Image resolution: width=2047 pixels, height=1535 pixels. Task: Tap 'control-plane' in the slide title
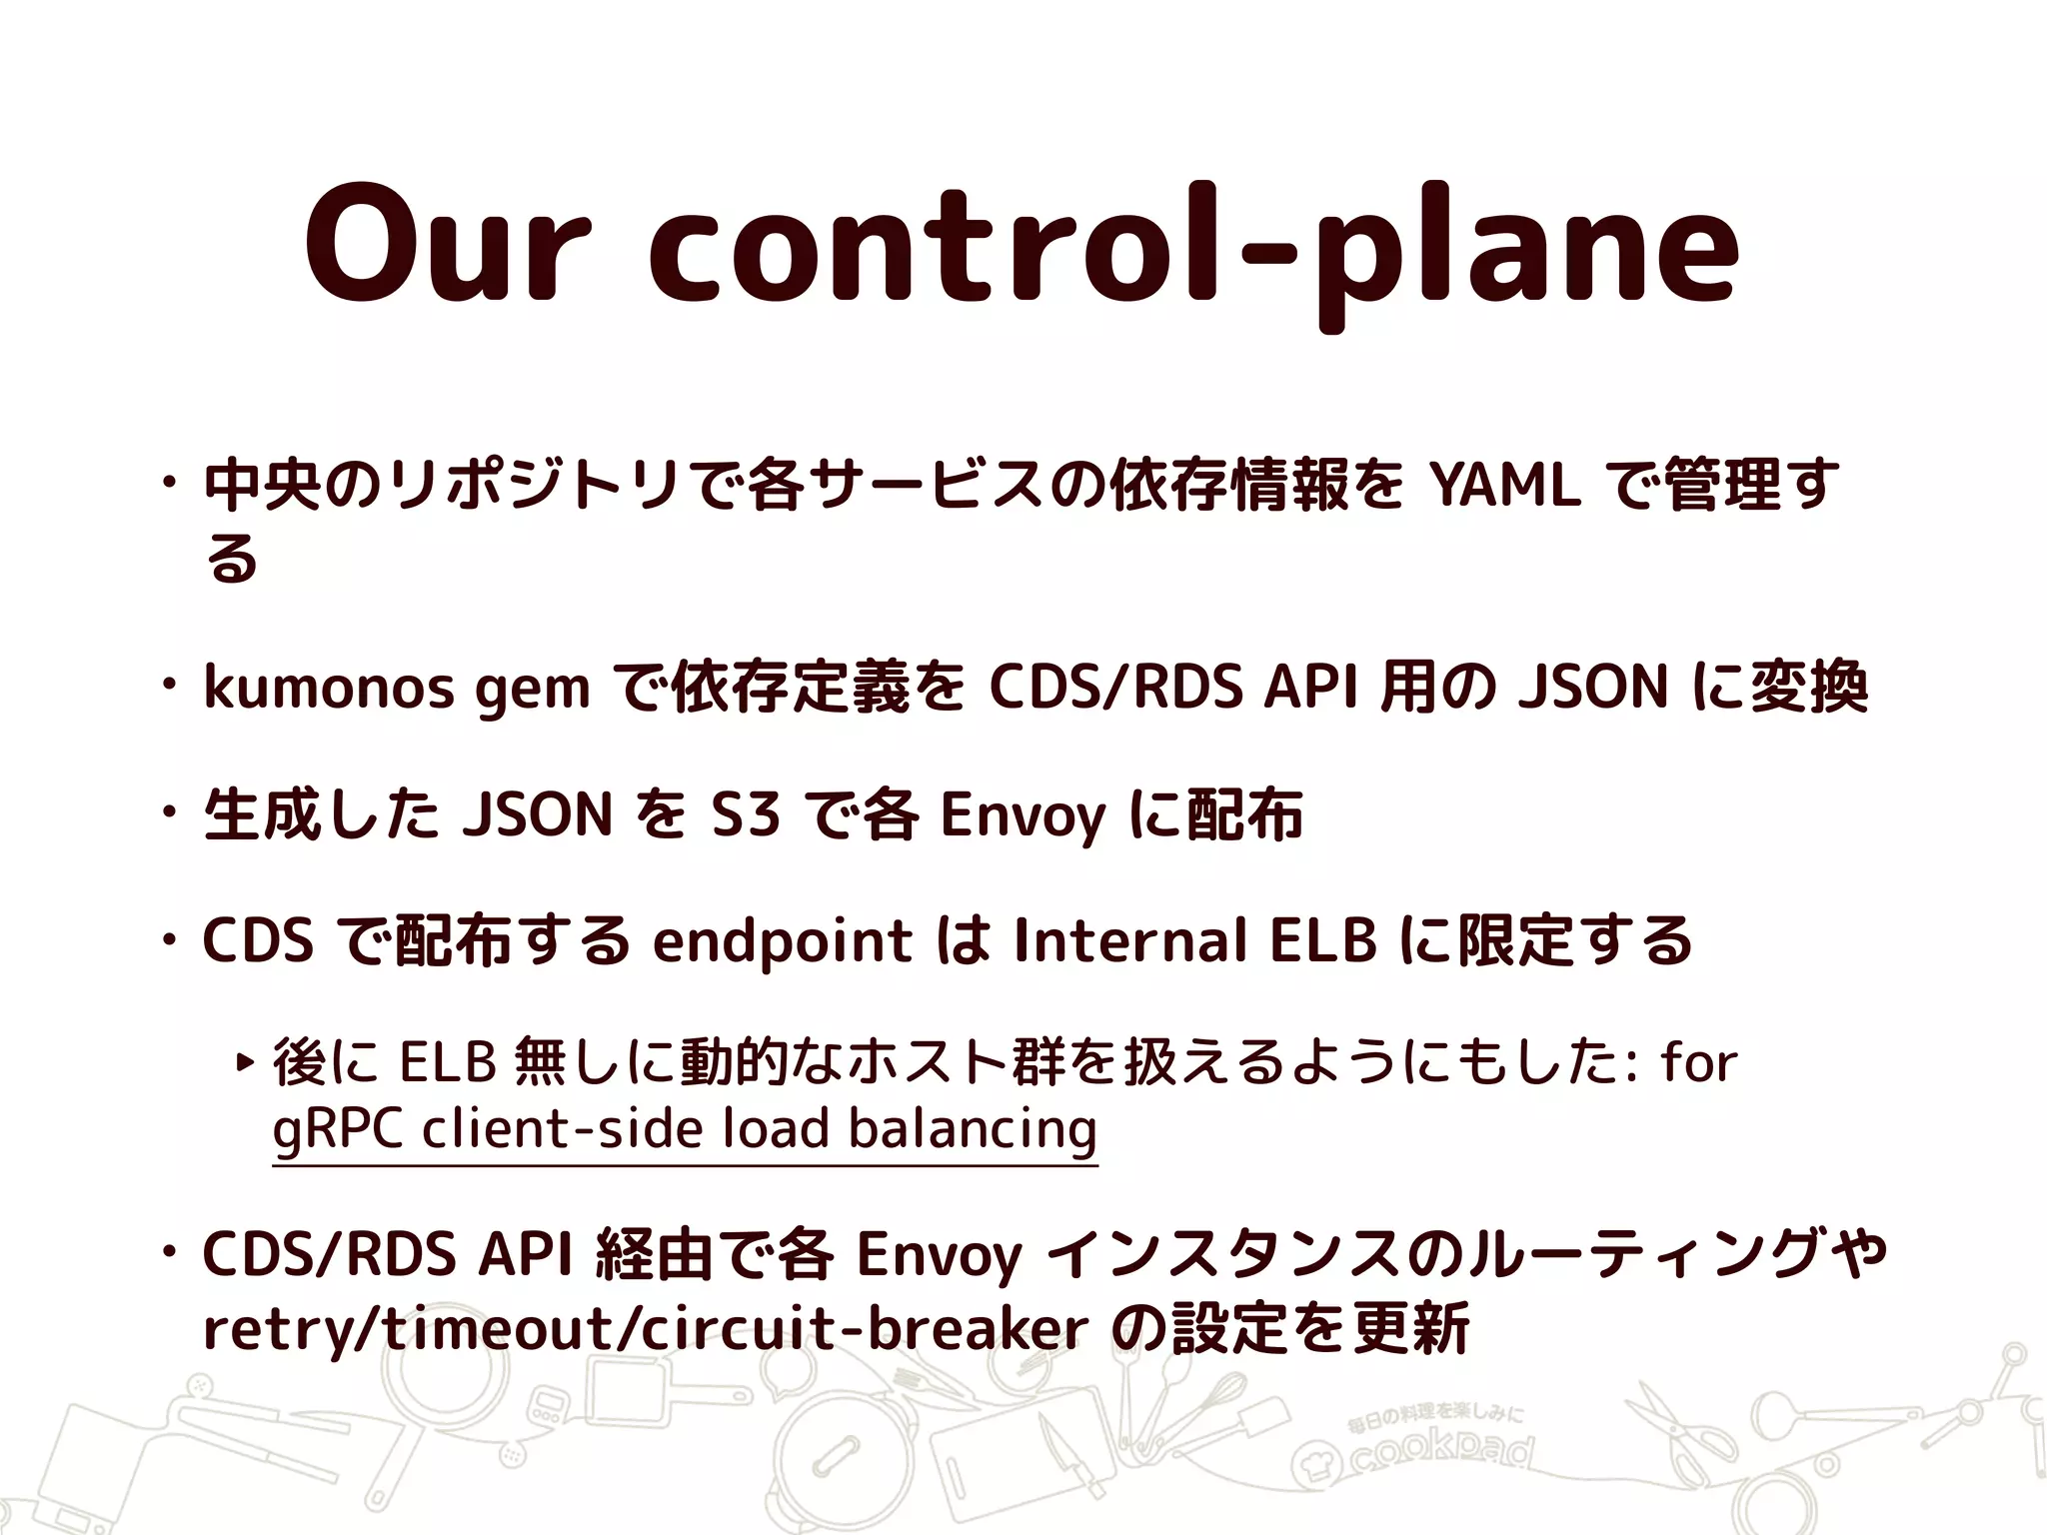tap(1194, 250)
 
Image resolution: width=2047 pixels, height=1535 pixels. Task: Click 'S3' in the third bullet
tap(745, 813)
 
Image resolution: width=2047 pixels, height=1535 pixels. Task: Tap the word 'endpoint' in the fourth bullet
tap(782, 942)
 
